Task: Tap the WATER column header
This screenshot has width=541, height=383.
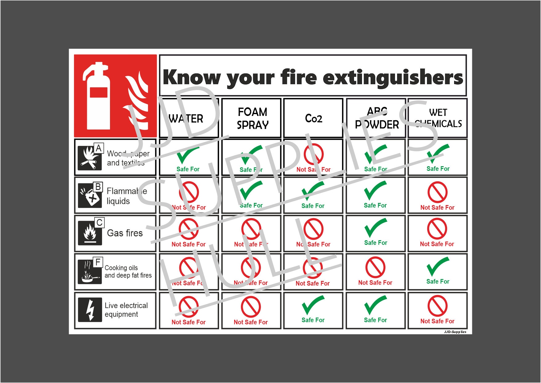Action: (186, 119)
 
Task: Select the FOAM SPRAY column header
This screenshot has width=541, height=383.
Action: (252, 118)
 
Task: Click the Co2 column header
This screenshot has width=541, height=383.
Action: (313, 118)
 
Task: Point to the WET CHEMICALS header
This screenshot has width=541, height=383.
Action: (438, 118)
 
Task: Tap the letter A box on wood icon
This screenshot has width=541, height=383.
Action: (99, 148)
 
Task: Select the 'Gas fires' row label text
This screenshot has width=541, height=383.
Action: (125, 233)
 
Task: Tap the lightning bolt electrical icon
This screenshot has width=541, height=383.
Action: (90, 310)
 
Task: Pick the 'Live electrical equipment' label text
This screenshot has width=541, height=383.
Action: (126, 310)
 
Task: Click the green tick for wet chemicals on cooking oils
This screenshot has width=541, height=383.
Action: (437, 266)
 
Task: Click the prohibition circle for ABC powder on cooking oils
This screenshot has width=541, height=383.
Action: (375, 268)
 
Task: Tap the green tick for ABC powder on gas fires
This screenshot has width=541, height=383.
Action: (375, 228)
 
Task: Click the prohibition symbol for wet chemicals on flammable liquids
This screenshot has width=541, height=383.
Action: (437, 192)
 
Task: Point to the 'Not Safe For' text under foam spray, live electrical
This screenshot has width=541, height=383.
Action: (250, 322)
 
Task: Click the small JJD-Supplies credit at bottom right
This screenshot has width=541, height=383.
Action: (455, 332)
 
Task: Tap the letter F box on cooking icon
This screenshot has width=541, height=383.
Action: (98, 262)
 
